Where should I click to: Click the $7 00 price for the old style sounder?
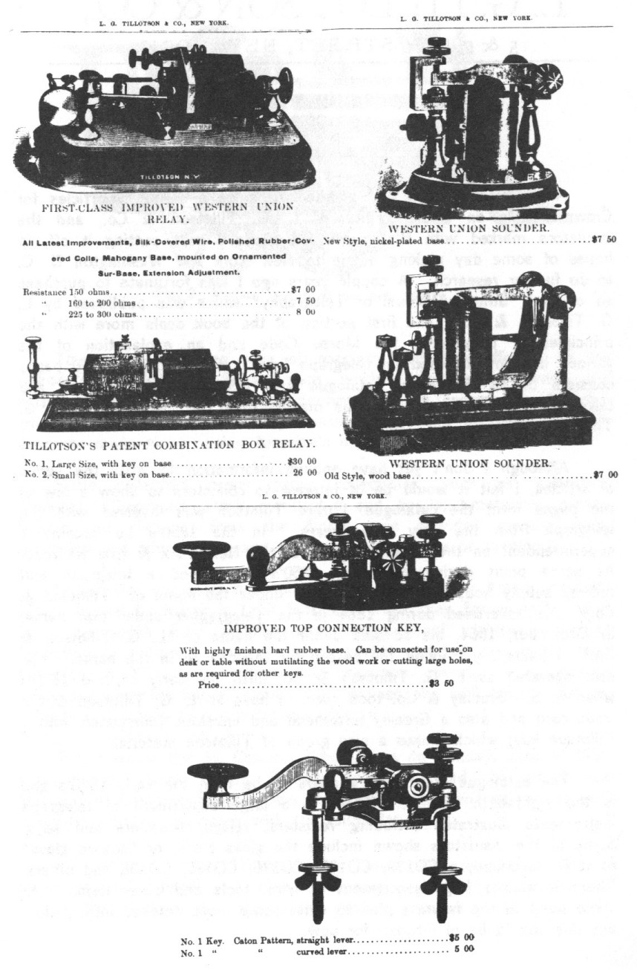[604, 473]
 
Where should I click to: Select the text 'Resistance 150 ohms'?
[68, 291]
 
